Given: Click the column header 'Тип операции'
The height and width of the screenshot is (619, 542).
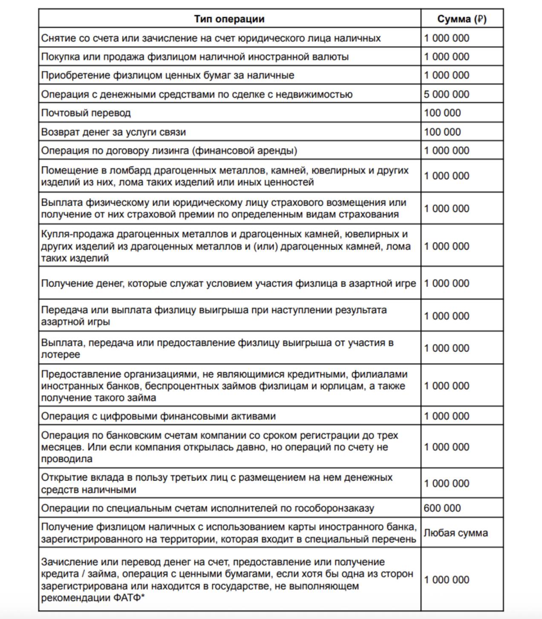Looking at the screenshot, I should tap(229, 19).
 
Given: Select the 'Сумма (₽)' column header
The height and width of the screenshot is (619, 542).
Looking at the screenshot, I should tap(462, 19).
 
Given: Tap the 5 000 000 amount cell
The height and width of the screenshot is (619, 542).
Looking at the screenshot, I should tap(446, 94).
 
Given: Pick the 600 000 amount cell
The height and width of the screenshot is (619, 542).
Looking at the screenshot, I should tap(442, 508).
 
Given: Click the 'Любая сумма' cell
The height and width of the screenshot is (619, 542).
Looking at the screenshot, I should tap(456, 533).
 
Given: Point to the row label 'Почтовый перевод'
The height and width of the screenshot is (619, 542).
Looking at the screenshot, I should tap(86, 113).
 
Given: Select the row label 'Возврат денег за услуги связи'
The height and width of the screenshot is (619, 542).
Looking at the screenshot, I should tap(113, 132).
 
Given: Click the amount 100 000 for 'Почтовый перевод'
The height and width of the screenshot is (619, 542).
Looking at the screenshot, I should tap(442, 113).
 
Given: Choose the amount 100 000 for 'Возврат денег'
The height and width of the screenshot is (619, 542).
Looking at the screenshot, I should tap(442, 132).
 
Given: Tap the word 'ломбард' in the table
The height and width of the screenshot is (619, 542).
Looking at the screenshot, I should tap(127, 170).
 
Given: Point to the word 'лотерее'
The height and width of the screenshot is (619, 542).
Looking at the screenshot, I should tap(61, 355).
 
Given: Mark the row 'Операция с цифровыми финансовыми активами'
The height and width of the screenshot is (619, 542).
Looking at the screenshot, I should tap(159, 416).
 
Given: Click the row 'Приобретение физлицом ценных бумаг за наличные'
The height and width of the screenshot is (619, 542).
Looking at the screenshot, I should tap(167, 75).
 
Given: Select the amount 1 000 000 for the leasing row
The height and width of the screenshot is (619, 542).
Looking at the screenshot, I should tap(446, 151).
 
